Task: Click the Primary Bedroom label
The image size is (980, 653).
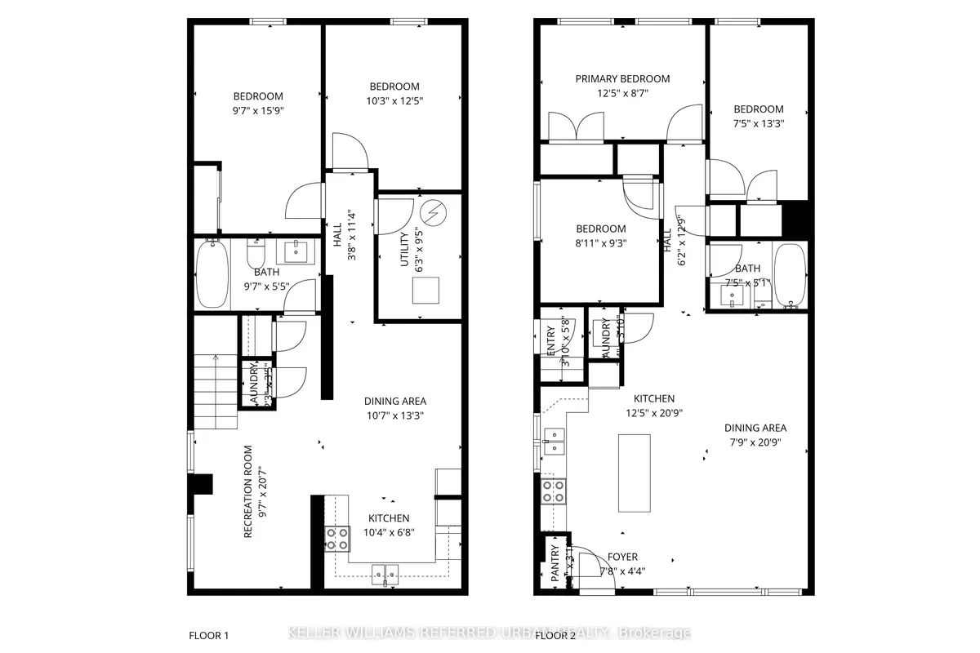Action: click(622, 79)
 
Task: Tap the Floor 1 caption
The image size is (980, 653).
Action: click(209, 634)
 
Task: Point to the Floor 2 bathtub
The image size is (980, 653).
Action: click(790, 277)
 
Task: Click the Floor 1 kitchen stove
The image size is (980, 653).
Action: click(336, 538)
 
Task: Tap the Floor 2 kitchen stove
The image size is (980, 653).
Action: click(553, 491)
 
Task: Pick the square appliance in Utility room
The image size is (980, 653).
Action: click(425, 290)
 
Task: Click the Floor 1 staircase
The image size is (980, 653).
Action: click(215, 393)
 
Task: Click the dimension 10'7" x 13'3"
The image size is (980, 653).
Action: click(395, 415)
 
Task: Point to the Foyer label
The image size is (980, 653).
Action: click(622, 557)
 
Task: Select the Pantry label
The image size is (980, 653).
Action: click(555, 563)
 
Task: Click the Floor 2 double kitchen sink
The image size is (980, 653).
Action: click(554, 441)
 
